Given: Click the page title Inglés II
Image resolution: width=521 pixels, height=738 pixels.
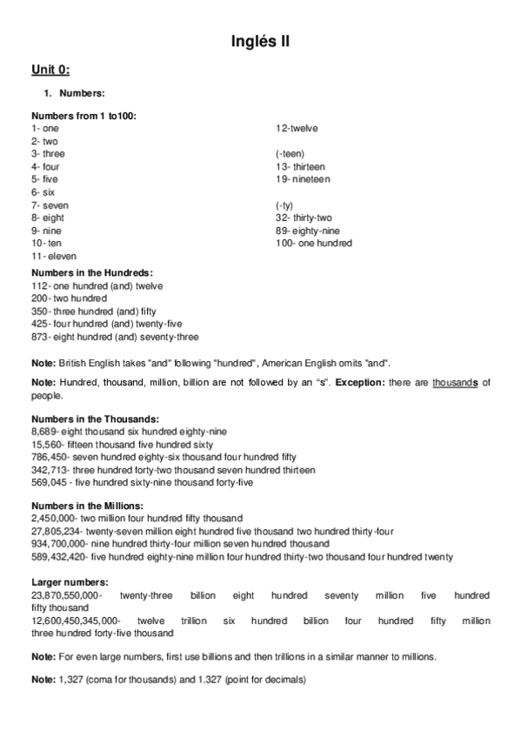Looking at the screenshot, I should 260,41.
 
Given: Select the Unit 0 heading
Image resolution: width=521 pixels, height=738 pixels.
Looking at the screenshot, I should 50,70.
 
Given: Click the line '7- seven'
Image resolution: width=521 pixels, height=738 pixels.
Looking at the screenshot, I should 50,205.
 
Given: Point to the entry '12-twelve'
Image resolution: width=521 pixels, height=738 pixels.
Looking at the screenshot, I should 297,128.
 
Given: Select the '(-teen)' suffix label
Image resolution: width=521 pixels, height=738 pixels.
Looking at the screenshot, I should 291,154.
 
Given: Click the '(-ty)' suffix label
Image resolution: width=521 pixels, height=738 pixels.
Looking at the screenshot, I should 286,205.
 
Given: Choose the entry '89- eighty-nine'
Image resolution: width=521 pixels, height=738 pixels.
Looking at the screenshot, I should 307,231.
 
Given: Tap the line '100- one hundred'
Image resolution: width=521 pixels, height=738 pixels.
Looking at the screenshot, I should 313,243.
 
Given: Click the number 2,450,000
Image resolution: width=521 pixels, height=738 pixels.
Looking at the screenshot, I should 54,518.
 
